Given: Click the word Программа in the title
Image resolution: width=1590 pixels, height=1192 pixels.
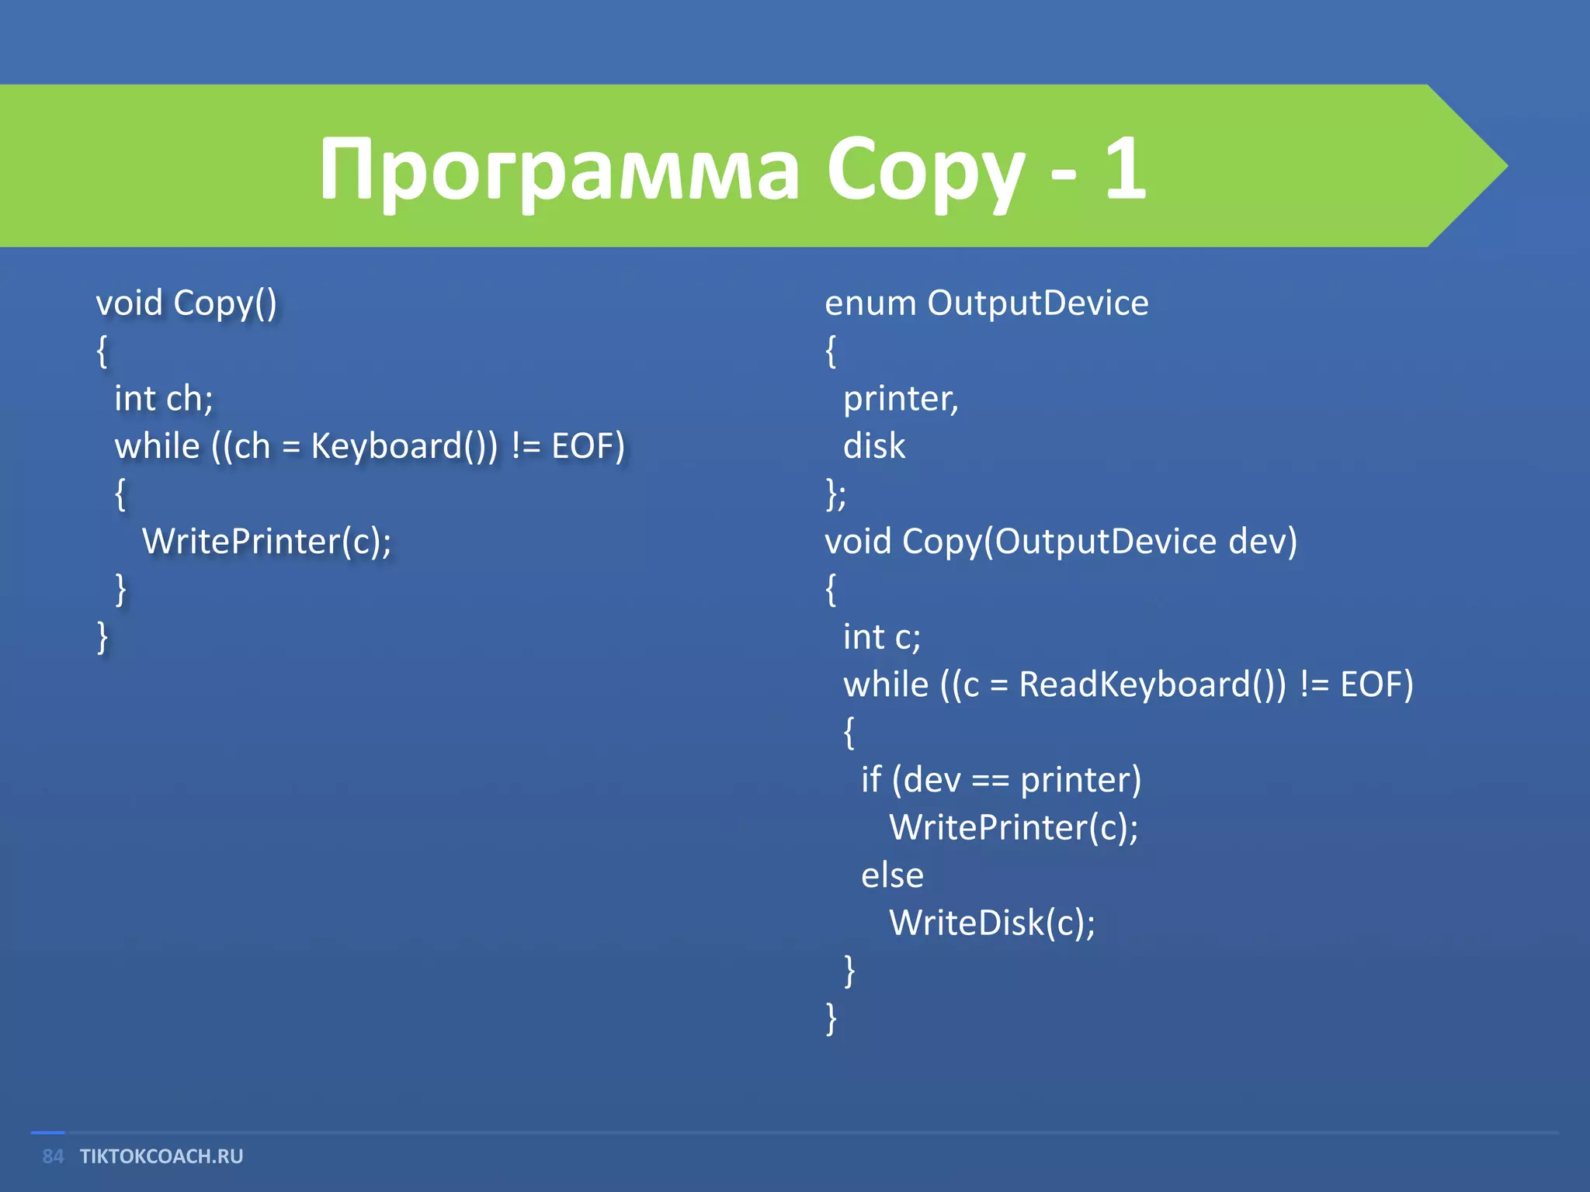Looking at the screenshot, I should [x=559, y=169].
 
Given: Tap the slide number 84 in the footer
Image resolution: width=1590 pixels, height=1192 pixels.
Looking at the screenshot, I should [x=53, y=1156].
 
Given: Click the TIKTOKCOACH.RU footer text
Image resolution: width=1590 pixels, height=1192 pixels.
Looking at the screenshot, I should [x=161, y=1156].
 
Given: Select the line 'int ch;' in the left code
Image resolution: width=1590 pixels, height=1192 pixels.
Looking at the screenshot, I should [x=163, y=399].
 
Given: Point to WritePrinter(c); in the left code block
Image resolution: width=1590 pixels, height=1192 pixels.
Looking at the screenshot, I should [x=266, y=542].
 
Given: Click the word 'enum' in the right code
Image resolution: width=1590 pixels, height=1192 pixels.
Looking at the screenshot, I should [x=870, y=303].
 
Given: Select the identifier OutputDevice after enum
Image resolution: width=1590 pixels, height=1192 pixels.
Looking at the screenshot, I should [x=1037, y=303].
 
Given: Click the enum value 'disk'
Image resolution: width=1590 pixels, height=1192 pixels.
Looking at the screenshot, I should [x=874, y=446].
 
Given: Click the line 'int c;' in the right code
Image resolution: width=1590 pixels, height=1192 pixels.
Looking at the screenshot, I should [x=882, y=637].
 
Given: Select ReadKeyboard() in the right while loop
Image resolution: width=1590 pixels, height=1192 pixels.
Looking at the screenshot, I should [x=1152, y=684].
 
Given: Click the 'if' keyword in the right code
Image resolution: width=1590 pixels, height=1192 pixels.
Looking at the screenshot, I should [x=871, y=779].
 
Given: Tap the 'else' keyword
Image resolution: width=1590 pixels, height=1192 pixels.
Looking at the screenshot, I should [x=892, y=875].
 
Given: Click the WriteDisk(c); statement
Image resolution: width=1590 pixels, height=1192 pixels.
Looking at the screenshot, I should [x=991, y=923].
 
